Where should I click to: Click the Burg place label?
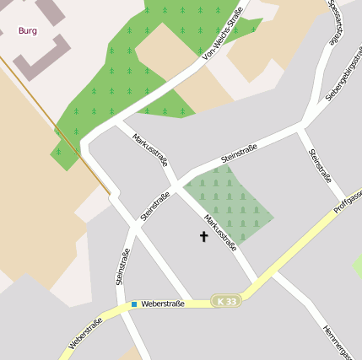(x=27, y=30)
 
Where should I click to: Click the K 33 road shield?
(x=225, y=301)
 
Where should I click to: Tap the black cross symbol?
(x=203, y=237)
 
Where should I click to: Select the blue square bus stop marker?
(x=133, y=304)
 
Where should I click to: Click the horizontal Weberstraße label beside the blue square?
(x=162, y=304)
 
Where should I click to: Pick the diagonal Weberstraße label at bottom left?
(x=85, y=333)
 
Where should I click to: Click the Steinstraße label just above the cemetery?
(x=239, y=153)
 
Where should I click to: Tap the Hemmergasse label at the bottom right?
(x=338, y=341)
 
